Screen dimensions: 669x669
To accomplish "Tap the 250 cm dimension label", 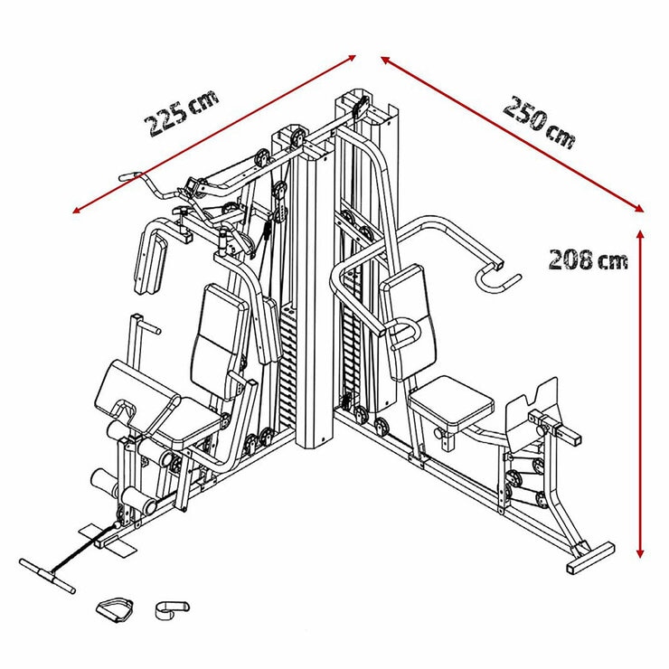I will [x=539, y=123].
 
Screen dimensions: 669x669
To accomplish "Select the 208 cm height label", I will [x=588, y=259].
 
